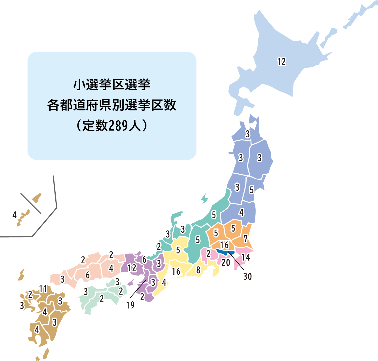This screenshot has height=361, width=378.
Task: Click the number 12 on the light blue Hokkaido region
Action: pyautogui.click(x=282, y=62)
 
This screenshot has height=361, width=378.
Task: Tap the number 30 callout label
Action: pyautogui.click(x=247, y=276)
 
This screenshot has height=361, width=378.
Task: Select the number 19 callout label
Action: pyautogui.click(x=130, y=305)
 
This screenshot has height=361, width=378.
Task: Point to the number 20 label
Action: pyautogui.click(x=226, y=263)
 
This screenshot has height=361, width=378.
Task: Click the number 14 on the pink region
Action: pyautogui.click(x=245, y=257)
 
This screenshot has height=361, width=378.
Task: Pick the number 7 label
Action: pyautogui.click(x=246, y=239)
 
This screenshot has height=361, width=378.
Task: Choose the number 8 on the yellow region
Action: pyautogui.click(x=198, y=270)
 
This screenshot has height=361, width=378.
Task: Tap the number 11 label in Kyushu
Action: pyautogui.click(x=43, y=289)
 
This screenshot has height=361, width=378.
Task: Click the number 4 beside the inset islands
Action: pyautogui.click(x=14, y=215)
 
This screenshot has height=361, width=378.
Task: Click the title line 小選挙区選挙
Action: pyautogui.click(x=112, y=85)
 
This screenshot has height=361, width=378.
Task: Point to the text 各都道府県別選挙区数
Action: pyautogui.click(x=112, y=105)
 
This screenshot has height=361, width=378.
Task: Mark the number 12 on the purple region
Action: pyautogui.click(x=132, y=268)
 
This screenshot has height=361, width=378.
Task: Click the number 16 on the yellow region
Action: pyautogui.click(x=176, y=271)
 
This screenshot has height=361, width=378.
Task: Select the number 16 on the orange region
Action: pyautogui.click(x=224, y=245)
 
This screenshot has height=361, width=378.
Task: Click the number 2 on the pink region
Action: pyautogui.click(x=208, y=253)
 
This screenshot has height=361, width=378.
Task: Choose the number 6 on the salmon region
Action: pyautogui.click(x=88, y=275)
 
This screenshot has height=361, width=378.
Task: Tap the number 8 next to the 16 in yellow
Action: pyautogui.click(x=198, y=270)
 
